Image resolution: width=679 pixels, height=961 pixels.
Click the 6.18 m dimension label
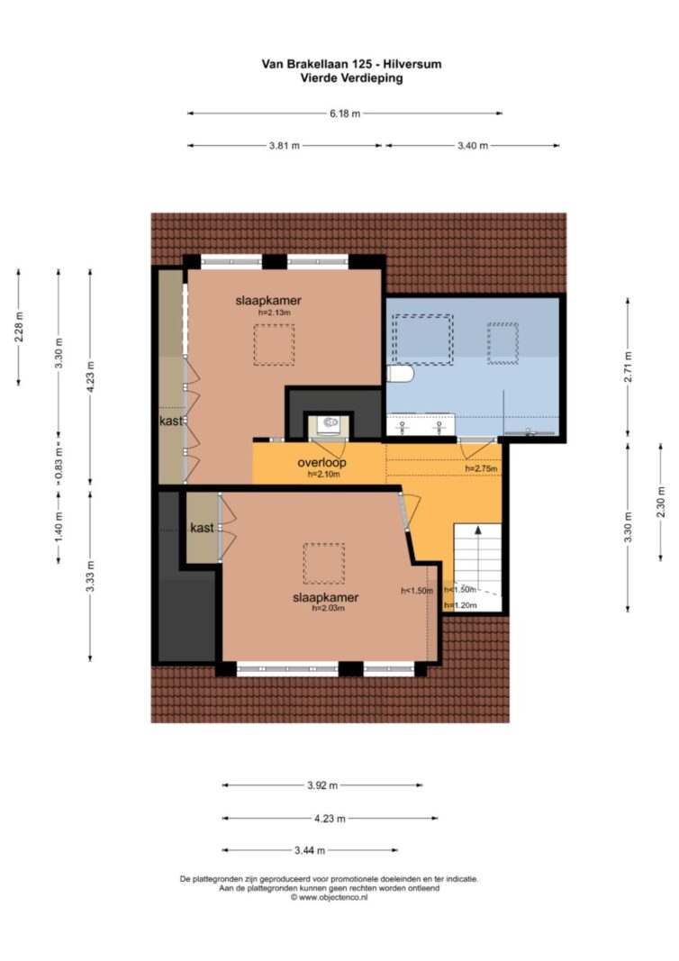pyautogui.click(x=345, y=113)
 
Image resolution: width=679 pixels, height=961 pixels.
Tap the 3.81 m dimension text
pyautogui.click(x=285, y=146)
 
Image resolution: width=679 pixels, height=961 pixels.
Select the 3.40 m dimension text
pyautogui.click(x=473, y=146)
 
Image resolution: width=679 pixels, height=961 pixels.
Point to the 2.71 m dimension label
pyautogui.click(x=628, y=367)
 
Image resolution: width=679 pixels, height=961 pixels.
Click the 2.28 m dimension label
pyautogui.click(x=18, y=327)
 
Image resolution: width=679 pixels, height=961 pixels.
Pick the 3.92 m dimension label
pyautogui.click(x=322, y=785)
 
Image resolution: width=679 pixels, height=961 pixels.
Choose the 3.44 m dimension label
pyautogui.click(x=310, y=850)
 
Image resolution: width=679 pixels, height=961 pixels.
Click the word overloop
pyautogui.click(x=321, y=463)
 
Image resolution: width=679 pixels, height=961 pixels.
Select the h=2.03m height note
pyautogui.click(x=328, y=609)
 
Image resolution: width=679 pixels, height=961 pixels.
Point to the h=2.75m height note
pyautogui.click(x=481, y=469)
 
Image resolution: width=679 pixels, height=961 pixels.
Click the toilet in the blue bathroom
pyautogui.click(x=401, y=374)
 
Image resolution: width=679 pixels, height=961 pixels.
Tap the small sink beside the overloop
pyautogui.click(x=329, y=423)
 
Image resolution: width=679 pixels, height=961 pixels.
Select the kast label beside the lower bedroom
pyautogui.click(x=202, y=528)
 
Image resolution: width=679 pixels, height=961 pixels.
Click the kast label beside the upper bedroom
pyautogui.click(x=171, y=421)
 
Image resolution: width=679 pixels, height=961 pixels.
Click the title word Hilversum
pyautogui.click(x=412, y=64)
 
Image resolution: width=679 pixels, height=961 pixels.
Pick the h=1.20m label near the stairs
pyautogui.click(x=461, y=605)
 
